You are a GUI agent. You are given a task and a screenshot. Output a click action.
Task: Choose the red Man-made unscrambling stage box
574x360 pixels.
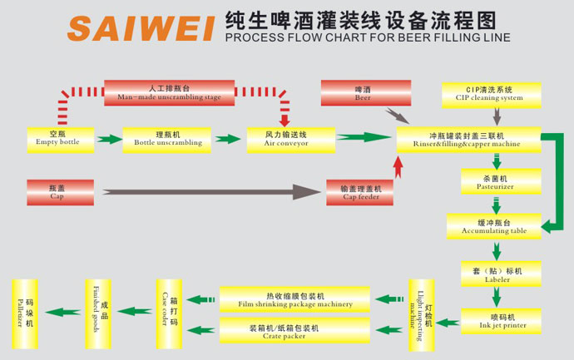coord(168,92)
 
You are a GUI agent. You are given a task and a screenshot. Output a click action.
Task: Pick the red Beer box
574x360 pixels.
coord(366,92)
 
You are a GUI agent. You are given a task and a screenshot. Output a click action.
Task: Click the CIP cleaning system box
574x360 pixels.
coord(494,92)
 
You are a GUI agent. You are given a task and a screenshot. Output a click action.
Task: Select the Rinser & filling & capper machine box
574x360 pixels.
coord(468,139)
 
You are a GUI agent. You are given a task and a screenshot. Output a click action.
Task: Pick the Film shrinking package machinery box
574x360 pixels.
coord(295,299)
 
